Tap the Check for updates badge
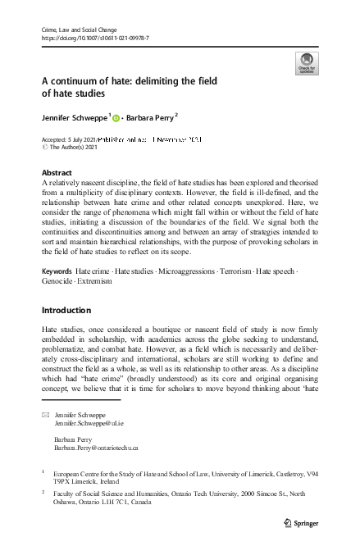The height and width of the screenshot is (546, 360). click(x=306, y=64)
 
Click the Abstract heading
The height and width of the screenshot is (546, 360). click(x=56, y=173)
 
